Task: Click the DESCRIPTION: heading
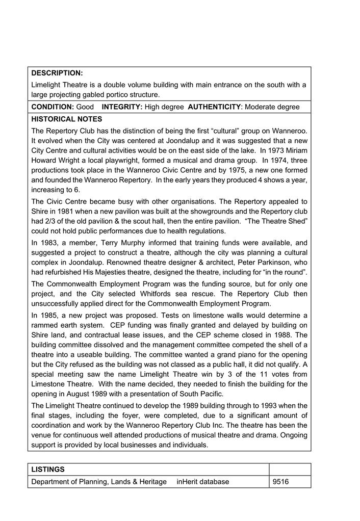tap(57, 73)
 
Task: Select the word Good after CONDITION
tap(85, 107)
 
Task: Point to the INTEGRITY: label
tap(122, 107)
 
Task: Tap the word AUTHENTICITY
tap(214, 107)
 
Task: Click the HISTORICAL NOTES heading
tap(67, 119)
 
